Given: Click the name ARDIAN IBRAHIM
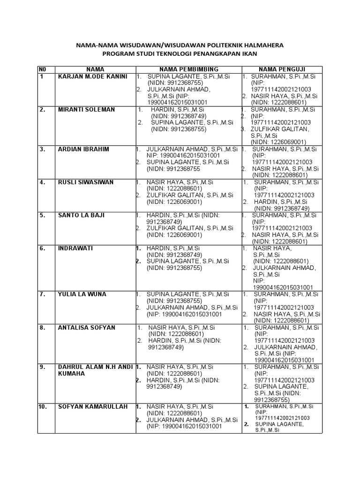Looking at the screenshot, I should (x=83, y=149).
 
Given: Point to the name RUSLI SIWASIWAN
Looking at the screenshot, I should (x=86, y=182).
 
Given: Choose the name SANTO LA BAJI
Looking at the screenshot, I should (x=81, y=215).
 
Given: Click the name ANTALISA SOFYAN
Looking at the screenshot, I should (x=86, y=327).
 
